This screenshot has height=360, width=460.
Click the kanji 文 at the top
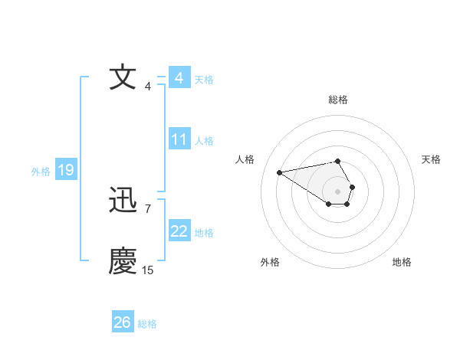[x=123, y=78]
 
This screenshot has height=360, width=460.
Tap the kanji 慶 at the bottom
[x=123, y=261]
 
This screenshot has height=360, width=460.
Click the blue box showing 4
[x=179, y=78]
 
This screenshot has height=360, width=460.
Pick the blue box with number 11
[x=179, y=139]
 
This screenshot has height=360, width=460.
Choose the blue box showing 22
[x=179, y=231]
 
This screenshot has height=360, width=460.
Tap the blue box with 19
[x=66, y=170]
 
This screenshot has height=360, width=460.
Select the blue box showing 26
[x=123, y=322]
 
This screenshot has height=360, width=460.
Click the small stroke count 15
[x=148, y=270]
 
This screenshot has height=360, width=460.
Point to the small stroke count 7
[x=147, y=208]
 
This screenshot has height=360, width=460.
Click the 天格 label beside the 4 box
[x=204, y=79]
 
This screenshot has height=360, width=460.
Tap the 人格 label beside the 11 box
[x=204, y=140]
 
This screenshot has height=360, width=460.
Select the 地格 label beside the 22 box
[x=204, y=232]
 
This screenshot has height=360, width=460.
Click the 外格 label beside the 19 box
[x=41, y=172]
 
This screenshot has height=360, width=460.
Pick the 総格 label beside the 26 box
[x=147, y=324]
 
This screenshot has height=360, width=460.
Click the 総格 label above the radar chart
[x=337, y=100]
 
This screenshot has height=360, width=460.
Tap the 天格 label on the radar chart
[x=431, y=159]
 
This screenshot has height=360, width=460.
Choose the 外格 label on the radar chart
[x=270, y=262]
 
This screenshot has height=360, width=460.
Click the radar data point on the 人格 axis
[x=279, y=172]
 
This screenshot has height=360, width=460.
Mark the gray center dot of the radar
[x=337, y=191]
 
